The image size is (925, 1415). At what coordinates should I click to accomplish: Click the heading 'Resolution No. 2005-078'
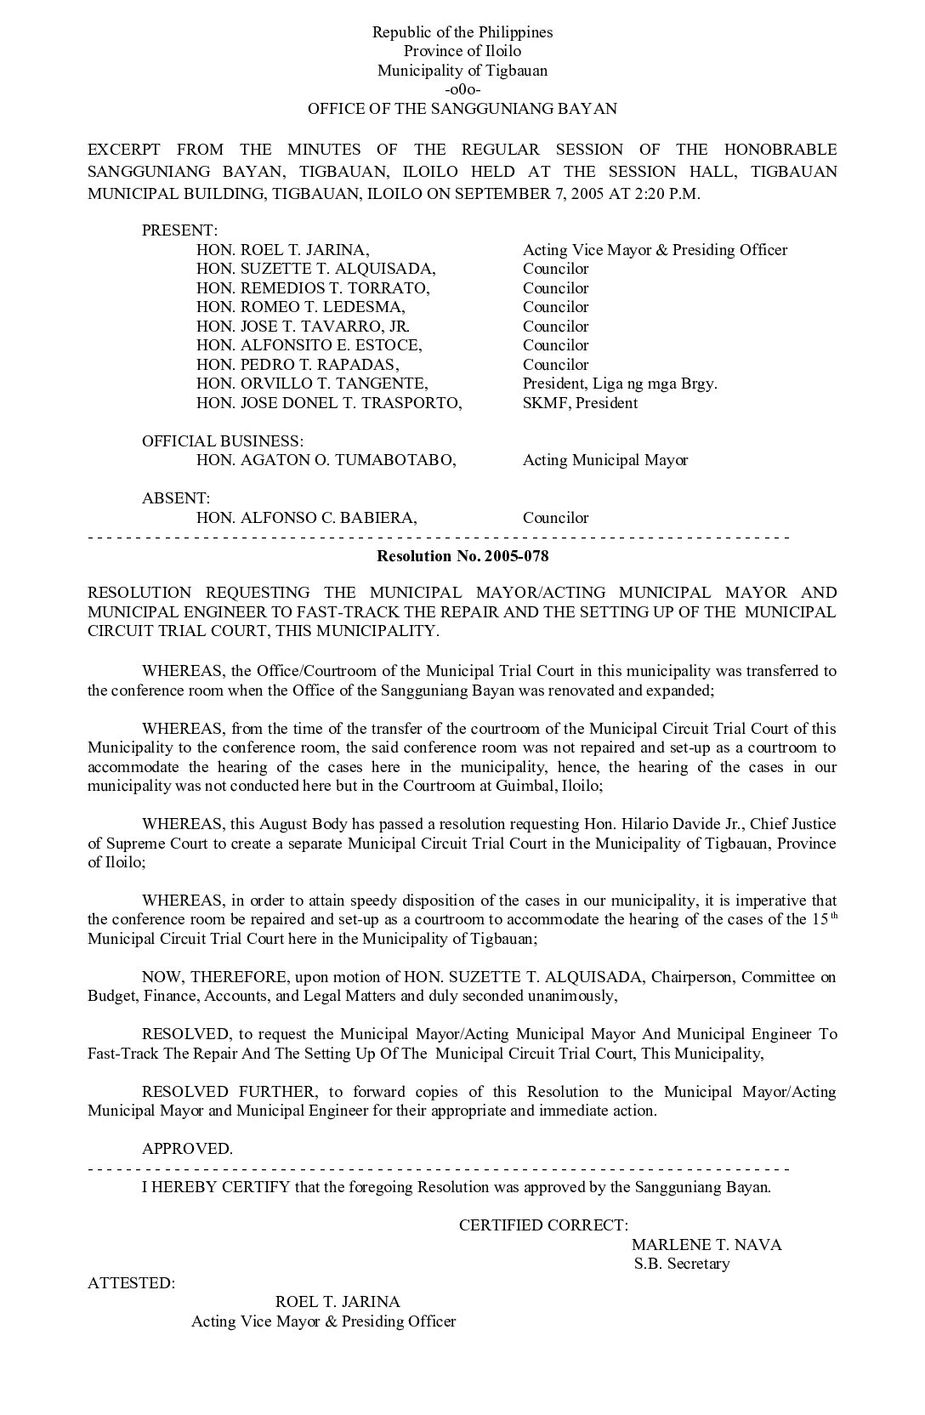tap(462, 556)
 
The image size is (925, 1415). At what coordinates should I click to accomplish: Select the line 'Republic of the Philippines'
tap(462, 32)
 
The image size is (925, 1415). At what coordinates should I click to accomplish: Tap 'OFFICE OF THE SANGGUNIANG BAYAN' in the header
tap(462, 109)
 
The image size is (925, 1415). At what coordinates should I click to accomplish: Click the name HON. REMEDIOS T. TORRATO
tap(313, 288)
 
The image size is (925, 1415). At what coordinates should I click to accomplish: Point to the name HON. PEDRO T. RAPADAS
tap(298, 365)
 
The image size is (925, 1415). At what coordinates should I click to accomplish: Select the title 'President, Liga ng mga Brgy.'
tap(620, 384)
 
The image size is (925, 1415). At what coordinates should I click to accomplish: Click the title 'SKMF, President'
tap(580, 403)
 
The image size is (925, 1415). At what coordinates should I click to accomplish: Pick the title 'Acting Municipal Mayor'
tap(605, 460)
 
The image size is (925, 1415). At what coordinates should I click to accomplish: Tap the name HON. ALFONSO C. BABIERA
tap(307, 518)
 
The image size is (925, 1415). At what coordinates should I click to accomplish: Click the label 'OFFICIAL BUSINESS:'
tap(223, 441)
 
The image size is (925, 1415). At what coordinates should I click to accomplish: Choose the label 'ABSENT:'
tap(176, 498)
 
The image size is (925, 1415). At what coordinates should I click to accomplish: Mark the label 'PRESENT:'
tap(180, 230)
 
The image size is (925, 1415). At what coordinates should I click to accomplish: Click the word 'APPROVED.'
tap(187, 1149)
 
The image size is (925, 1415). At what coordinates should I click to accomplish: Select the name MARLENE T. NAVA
tap(707, 1245)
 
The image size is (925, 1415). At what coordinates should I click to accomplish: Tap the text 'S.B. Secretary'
tap(682, 1264)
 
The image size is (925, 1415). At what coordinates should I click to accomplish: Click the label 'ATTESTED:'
tap(132, 1283)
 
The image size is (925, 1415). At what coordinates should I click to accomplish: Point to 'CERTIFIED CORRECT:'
tap(544, 1225)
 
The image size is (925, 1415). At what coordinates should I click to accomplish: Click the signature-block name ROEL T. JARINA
tap(338, 1302)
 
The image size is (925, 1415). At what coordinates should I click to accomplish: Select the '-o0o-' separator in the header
tap(462, 90)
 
